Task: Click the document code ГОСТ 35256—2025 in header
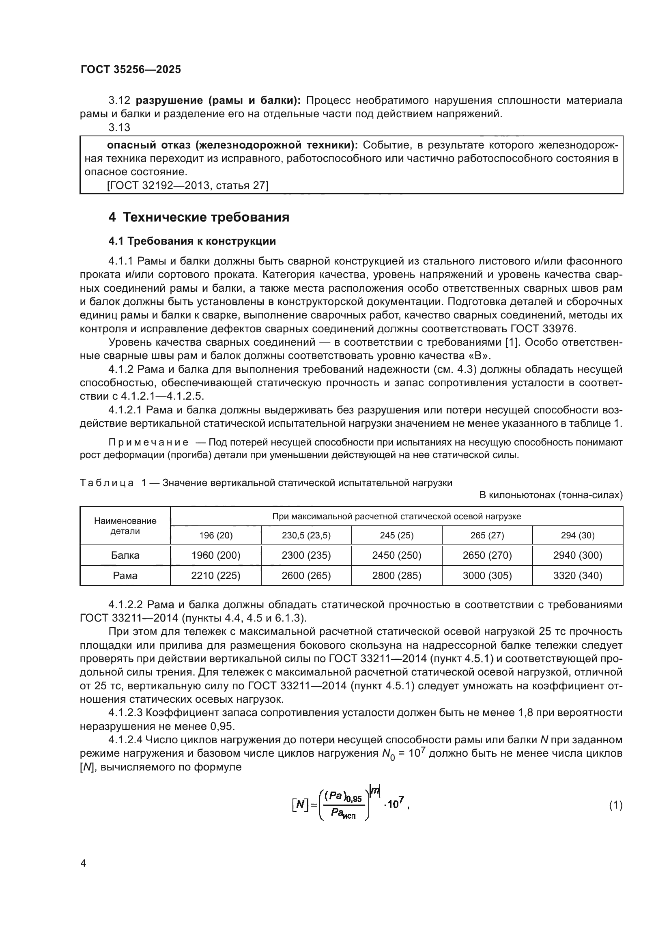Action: pos(131,69)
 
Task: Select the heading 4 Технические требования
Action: pos(199,217)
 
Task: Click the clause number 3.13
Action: pos(119,128)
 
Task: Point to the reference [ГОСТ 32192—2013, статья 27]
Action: pos(187,185)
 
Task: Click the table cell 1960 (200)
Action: pos(216,555)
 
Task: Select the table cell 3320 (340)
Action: pos(578,575)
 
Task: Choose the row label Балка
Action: pos(125,555)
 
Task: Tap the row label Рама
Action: pos(125,575)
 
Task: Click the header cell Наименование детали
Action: pos(125,526)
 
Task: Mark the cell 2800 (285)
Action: pos(397,575)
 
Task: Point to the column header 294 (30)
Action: pos(578,535)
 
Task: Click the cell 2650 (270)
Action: pos(487,555)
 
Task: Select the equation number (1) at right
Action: pos(616,805)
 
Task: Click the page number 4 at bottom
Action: pos(83,863)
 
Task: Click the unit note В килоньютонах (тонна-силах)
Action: pos(551,495)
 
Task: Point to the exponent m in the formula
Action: pos(375,791)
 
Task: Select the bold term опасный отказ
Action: pos(148,145)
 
